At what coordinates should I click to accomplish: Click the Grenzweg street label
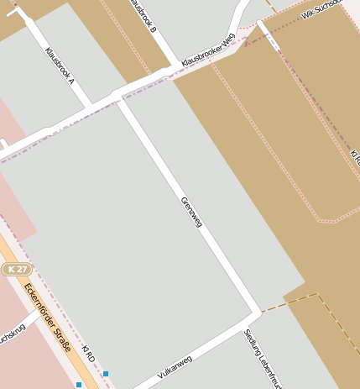192,212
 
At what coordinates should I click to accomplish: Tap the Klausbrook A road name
60,66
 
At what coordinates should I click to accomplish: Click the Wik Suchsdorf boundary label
322,8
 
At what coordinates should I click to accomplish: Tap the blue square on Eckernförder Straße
79,385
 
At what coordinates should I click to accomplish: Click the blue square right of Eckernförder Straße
106,373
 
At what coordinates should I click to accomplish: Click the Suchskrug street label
10,337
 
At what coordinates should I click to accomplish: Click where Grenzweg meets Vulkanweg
254,311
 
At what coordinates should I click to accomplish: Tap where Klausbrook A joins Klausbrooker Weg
88,108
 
